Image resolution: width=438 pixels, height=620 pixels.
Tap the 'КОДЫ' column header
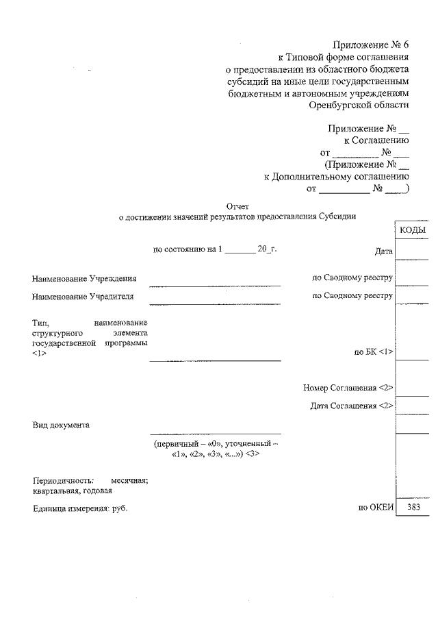(x=413, y=230)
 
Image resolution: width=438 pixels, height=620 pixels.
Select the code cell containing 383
(x=413, y=508)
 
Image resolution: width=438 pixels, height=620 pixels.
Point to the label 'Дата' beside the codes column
(x=384, y=251)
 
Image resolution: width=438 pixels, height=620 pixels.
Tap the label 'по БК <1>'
(x=374, y=352)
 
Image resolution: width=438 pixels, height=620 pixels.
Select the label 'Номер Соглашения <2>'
(x=348, y=388)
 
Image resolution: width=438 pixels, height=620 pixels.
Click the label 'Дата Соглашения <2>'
(x=352, y=406)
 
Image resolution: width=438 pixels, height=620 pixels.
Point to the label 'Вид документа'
(x=61, y=425)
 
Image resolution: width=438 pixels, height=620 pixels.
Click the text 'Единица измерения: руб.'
(x=80, y=508)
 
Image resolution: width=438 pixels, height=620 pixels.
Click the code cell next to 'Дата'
(x=413, y=251)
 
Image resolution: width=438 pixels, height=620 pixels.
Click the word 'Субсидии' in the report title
(x=337, y=216)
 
